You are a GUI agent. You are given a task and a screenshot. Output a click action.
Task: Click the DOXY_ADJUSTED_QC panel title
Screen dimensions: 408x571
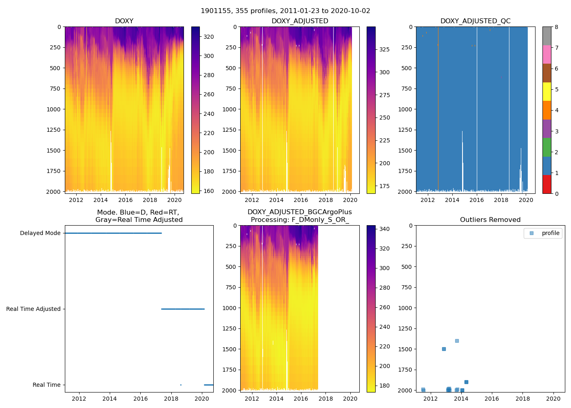pyautogui.click(x=475, y=21)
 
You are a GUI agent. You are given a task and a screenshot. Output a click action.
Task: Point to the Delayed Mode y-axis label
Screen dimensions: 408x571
pyautogui.click(x=40, y=233)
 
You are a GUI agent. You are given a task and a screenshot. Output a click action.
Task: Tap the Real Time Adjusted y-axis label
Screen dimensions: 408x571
pyautogui.click(x=33, y=309)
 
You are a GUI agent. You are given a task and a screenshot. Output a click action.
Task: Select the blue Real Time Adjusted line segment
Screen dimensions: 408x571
pyautogui.click(x=183, y=309)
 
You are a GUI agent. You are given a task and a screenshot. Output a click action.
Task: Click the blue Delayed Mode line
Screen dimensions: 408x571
pyautogui.click(x=113, y=233)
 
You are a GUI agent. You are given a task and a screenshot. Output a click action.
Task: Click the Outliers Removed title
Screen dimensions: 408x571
pyautogui.click(x=490, y=220)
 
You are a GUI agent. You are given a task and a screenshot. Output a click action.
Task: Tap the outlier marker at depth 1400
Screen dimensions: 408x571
pyautogui.click(x=457, y=341)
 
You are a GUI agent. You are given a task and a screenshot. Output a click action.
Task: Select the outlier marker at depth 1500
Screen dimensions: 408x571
pyautogui.click(x=444, y=349)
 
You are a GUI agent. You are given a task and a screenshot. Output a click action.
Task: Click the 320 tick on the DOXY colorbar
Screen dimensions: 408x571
pyautogui.click(x=208, y=37)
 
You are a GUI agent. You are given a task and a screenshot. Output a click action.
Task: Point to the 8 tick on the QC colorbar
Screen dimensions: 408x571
pyautogui.click(x=556, y=27)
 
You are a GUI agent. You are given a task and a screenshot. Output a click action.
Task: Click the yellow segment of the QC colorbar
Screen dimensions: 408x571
pyautogui.click(x=547, y=92)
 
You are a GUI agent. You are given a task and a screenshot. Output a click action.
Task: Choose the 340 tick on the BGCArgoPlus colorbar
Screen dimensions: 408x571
pyautogui.click(x=385, y=229)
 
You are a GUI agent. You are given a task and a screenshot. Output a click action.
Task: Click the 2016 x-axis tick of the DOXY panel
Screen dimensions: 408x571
pyautogui.click(x=125, y=200)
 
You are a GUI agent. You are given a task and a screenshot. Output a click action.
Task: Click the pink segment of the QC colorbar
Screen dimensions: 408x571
pyautogui.click(x=547, y=54)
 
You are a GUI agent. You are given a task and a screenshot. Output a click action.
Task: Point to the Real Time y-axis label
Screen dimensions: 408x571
pyautogui.click(x=46, y=385)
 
